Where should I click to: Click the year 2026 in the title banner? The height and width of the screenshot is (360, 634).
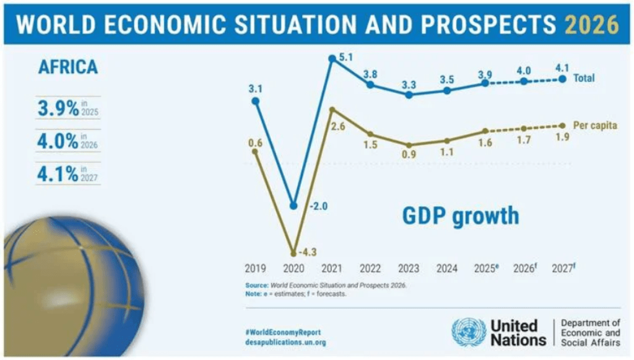tap(592, 24)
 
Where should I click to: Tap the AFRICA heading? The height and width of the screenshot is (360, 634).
tap(68, 67)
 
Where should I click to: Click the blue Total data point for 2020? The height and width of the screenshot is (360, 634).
tap(293, 205)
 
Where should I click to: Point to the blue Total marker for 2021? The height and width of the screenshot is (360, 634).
tap(332, 59)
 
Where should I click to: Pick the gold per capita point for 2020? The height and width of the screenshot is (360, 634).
tap(293, 253)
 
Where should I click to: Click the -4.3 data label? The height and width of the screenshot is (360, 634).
tap(308, 252)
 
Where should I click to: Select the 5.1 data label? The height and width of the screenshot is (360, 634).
tap(346, 58)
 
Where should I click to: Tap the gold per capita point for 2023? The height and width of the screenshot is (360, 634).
tap(409, 145)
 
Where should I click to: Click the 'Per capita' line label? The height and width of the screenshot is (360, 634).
tap(594, 125)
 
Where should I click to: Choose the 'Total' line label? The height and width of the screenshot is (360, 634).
tap(583, 79)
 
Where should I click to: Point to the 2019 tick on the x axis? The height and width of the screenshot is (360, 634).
tap(255, 269)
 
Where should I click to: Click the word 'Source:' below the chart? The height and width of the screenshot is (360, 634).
tap(257, 286)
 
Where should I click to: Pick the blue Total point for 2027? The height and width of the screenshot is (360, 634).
tap(562, 79)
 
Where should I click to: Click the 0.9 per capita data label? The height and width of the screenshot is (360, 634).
tap(409, 155)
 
